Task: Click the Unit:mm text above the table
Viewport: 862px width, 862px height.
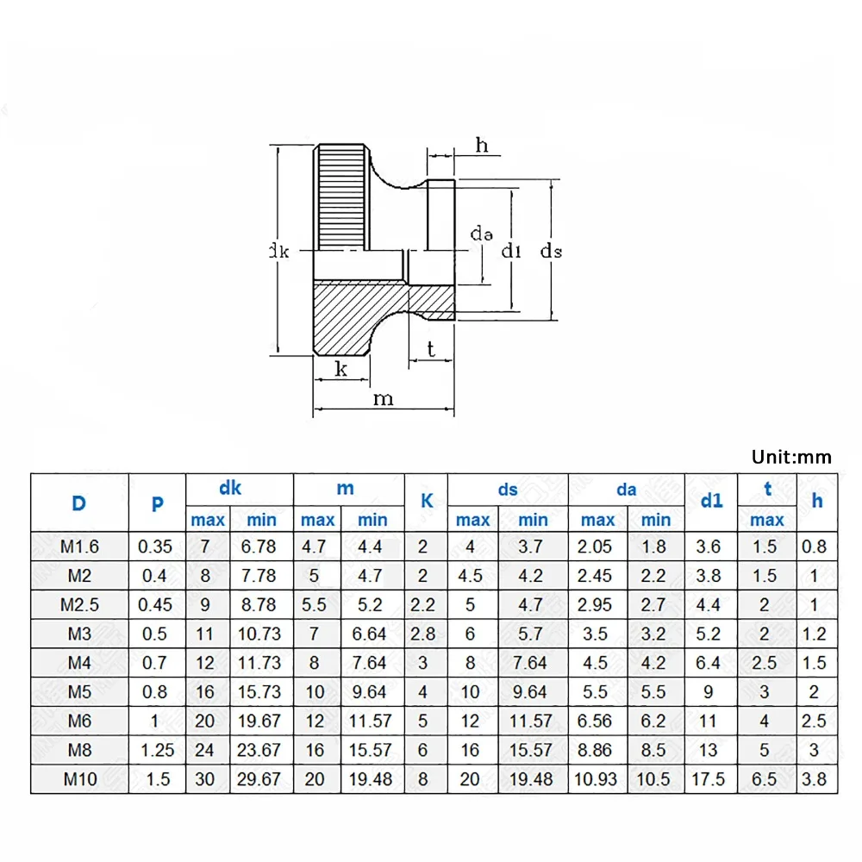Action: [x=791, y=456]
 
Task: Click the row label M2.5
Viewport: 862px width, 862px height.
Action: [x=80, y=604]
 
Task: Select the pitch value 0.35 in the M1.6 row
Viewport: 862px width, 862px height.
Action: [x=157, y=546]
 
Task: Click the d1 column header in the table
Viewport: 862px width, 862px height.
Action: [x=711, y=501]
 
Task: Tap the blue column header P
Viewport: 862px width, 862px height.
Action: [x=157, y=503]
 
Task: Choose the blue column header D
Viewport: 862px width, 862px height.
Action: [x=79, y=503]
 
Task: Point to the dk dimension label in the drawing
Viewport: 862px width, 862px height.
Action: [x=278, y=252]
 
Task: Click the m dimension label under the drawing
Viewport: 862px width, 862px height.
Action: [x=383, y=398]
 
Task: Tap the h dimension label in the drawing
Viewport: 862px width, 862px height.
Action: [x=482, y=146]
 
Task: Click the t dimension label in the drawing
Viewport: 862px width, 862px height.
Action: [x=430, y=349]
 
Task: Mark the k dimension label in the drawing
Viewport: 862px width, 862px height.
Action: [x=340, y=369]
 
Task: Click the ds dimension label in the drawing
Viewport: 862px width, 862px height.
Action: [x=551, y=251]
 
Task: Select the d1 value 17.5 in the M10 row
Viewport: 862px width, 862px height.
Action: [x=711, y=779]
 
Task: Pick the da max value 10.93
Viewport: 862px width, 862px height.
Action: [x=597, y=779]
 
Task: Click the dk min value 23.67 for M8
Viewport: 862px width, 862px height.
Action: [x=261, y=750]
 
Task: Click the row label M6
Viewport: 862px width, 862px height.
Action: [x=80, y=721]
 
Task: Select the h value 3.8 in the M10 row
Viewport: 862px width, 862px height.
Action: [x=814, y=779]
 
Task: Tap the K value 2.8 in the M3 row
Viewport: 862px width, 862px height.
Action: [x=422, y=634]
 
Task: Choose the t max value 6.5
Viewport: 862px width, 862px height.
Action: [x=765, y=779]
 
